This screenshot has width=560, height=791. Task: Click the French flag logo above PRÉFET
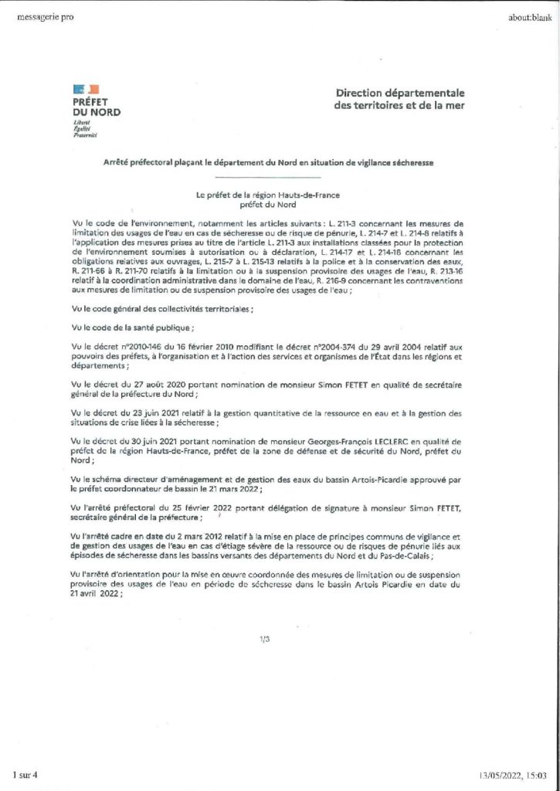[80, 91]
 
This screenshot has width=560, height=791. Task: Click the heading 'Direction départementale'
[400, 93]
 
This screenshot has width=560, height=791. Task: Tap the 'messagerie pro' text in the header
[45, 18]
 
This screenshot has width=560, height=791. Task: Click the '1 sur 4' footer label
[25, 773]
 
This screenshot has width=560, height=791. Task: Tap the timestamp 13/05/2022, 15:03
[514, 773]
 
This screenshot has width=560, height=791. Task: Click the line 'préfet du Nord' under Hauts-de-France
[267, 205]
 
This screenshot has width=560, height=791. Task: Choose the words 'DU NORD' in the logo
[97, 113]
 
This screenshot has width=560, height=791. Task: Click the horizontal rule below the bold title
[267, 178]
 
